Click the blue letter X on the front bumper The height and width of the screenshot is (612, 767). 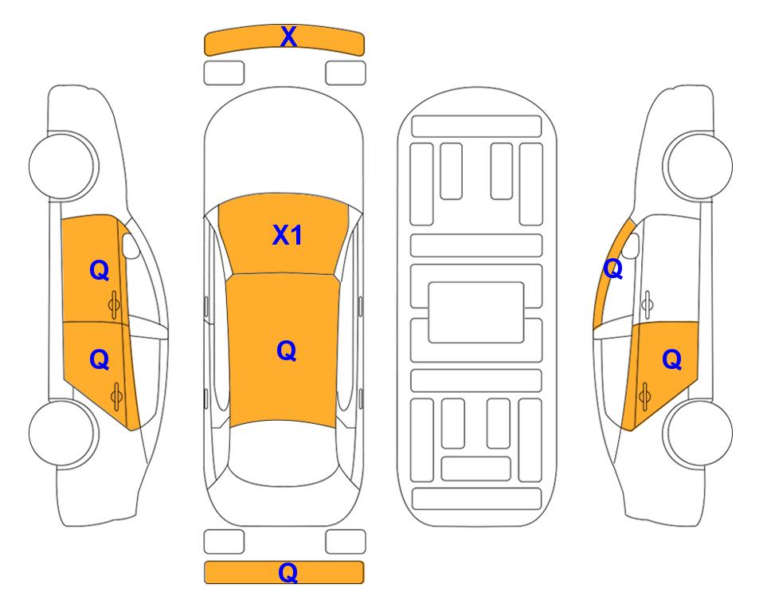[288, 37]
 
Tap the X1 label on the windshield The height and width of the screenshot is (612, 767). [288, 235]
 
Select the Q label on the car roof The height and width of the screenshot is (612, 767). [286, 351]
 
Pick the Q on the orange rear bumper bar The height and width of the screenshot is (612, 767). [288, 572]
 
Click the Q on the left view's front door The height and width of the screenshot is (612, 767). [100, 270]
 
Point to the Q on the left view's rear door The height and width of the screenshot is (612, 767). [100, 360]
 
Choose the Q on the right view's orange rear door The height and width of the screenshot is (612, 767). [671, 360]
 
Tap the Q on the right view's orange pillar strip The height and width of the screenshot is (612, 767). [613, 269]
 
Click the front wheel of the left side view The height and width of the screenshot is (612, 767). [63, 166]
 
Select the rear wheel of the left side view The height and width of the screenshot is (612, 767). [63, 433]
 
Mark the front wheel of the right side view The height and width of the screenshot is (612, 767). [699, 166]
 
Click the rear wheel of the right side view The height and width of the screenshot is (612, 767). [699, 433]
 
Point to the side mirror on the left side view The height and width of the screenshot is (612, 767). [130, 245]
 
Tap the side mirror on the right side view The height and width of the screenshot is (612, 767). [631, 245]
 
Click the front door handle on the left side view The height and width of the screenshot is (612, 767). [114, 304]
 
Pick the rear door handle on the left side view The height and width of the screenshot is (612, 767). [116, 396]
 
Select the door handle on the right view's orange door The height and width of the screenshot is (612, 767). [644, 396]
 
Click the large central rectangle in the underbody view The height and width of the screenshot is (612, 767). [476, 312]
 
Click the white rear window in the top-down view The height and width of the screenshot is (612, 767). [284, 453]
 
